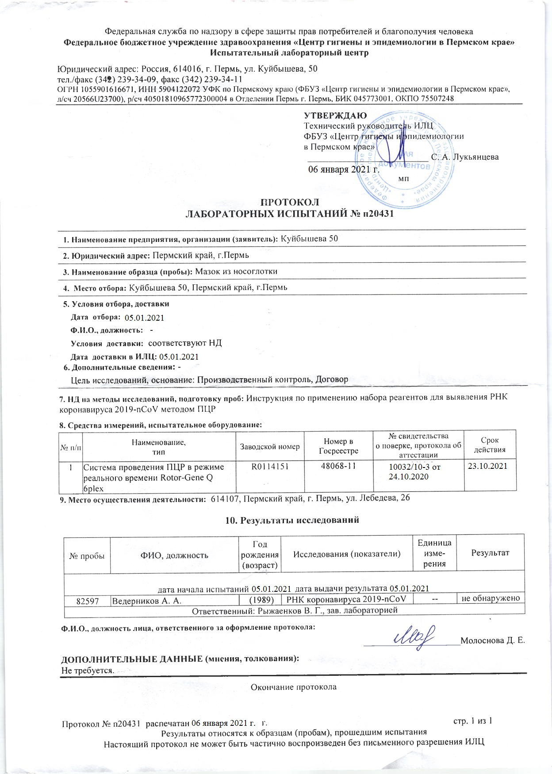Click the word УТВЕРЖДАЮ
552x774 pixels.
[335, 116]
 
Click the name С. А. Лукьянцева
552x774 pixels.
[465, 157]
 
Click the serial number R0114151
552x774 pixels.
[269, 466]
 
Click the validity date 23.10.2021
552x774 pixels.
[489, 466]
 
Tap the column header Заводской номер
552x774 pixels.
[269, 447]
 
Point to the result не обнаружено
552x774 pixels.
[490, 599]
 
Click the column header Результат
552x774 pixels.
[490, 552]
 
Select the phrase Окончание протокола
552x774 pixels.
[294, 687]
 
